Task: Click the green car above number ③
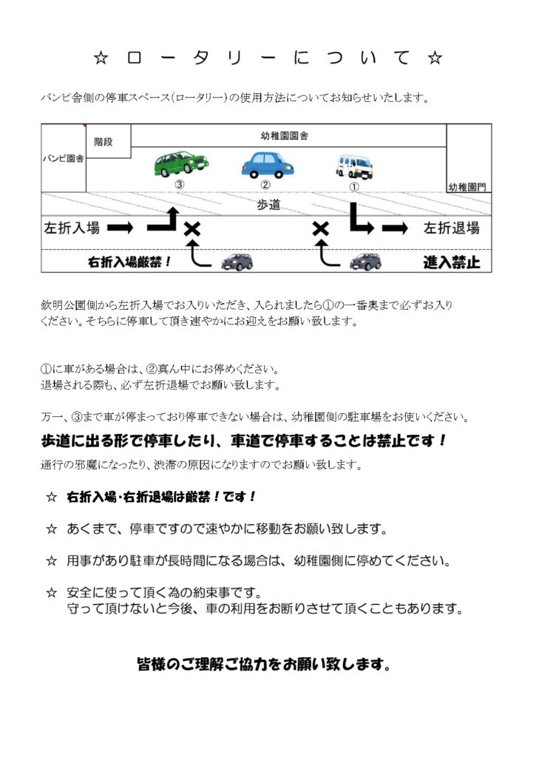[x=180, y=164]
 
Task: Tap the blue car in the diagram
[x=267, y=164]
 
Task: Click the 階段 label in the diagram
[x=104, y=141]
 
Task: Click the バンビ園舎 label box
[x=64, y=158]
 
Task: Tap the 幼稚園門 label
[x=468, y=187]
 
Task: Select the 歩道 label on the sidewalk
[x=268, y=205]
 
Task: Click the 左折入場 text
[x=72, y=228]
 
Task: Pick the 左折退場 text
[x=451, y=228]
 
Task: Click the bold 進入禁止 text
[x=451, y=262]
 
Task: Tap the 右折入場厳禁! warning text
[x=130, y=262]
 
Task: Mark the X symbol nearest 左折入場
[x=192, y=229]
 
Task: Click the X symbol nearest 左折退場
[x=321, y=229]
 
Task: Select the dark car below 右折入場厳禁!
[x=237, y=261]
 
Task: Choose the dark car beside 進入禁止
[x=365, y=261]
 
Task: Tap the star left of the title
[x=102, y=58]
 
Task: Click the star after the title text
[x=435, y=58]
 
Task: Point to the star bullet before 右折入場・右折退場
[x=52, y=498]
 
